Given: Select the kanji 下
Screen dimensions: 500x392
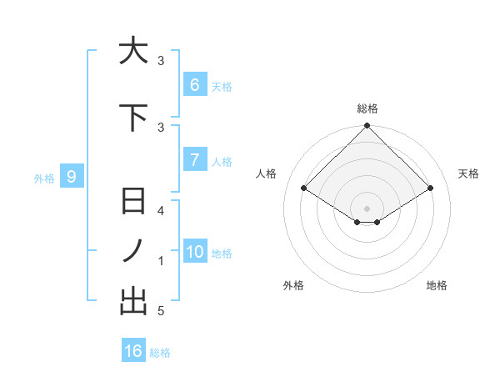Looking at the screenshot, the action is [x=133, y=118].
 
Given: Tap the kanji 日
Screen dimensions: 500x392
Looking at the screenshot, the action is [x=133, y=202].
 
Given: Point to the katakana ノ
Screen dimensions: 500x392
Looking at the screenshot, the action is [x=133, y=251].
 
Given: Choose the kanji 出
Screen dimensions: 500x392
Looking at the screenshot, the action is [x=133, y=301].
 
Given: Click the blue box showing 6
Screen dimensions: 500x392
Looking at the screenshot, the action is [x=194, y=85].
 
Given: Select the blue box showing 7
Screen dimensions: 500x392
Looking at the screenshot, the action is [x=194, y=160].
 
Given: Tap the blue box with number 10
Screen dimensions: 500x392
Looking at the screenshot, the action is [x=194, y=252].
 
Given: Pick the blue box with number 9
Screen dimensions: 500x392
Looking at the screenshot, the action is [x=72, y=177].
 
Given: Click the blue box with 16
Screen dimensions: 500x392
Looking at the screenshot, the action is [x=133, y=351].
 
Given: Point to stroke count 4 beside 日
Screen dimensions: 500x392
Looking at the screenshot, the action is [x=161, y=211].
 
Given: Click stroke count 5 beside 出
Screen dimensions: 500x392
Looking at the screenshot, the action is [x=161, y=311].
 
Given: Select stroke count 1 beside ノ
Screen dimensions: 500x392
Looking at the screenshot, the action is [x=161, y=261].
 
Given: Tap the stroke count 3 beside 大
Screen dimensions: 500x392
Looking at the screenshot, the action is [x=161, y=61].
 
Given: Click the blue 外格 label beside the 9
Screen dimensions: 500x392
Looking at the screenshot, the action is [x=44, y=178].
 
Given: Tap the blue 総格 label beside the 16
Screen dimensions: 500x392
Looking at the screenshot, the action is [x=160, y=353].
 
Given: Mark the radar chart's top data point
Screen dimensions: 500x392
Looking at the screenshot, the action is [x=367, y=126].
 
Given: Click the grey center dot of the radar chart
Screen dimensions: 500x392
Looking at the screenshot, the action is [x=367, y=208].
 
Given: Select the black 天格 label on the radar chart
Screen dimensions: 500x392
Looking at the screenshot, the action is [x=468, y=173].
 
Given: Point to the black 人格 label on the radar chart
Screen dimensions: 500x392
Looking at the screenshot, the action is [x=266, y=173].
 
